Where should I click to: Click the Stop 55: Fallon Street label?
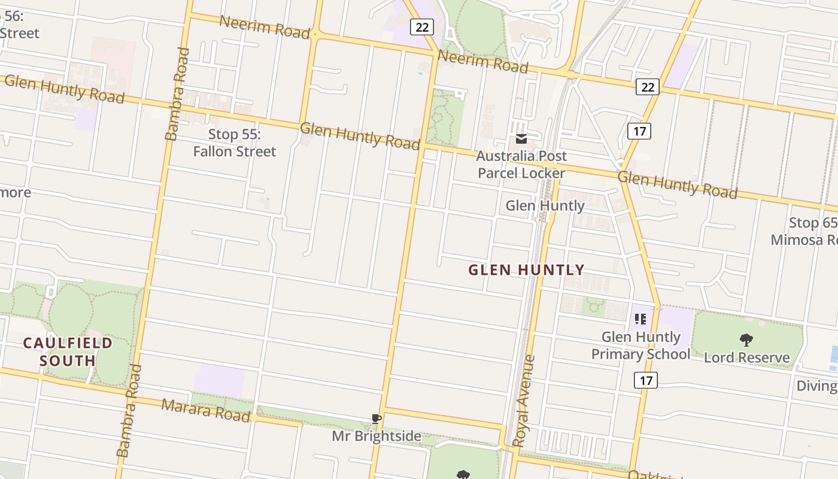[235, 143]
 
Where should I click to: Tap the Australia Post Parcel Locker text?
[521, 165]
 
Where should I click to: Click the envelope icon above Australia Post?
[521, 139]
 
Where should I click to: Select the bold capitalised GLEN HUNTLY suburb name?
[526, 270]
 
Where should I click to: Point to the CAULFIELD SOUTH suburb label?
[68, 351]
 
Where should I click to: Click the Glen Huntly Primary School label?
[640, 345]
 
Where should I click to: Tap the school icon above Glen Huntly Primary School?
[640, 319]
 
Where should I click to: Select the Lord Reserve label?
[746, 358]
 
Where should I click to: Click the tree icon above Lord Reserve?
[746, 340]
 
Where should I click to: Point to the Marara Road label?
[205, 410]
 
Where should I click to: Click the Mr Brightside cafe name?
[377, 436]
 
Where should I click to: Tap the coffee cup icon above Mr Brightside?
[376, 419]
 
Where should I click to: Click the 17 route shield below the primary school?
[646, 380]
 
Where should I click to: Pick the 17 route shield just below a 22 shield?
[639, 131]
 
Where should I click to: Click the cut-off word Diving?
[816, 386]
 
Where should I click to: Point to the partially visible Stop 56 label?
[18, 25]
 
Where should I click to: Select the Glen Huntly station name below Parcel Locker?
[545, 206]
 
